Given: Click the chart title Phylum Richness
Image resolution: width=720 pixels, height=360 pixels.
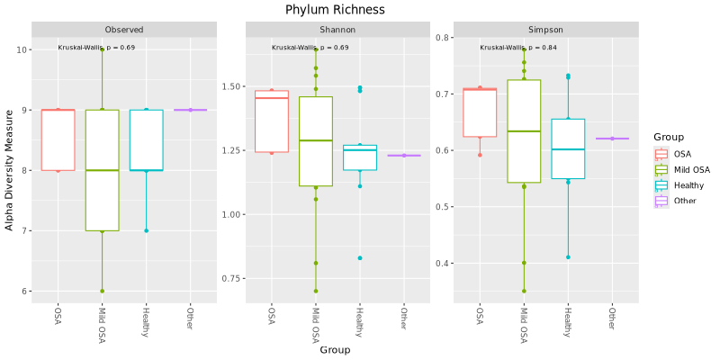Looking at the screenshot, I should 335,10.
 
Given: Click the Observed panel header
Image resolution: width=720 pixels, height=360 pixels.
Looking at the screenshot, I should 123,30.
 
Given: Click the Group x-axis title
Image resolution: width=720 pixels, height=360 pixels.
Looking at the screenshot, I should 335,350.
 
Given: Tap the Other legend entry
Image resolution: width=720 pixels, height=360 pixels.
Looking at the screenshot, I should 686,201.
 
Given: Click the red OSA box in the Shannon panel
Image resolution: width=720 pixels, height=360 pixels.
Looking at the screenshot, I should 272,121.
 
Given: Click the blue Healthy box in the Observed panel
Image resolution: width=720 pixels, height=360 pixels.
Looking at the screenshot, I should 146,139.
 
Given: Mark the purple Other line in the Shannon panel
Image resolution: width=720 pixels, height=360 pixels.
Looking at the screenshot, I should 404,156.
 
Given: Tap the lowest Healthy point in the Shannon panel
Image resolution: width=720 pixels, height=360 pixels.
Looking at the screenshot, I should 359,258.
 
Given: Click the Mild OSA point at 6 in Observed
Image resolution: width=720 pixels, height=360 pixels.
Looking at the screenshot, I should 102,291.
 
